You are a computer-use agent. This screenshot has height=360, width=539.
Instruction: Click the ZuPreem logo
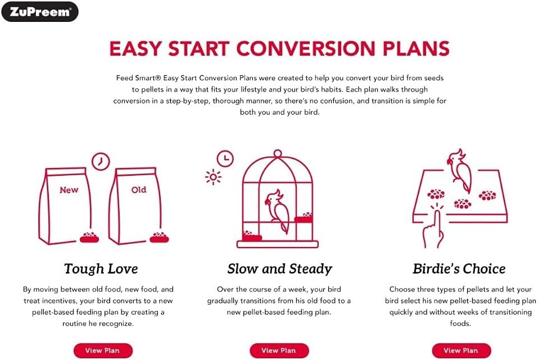click(40, 12)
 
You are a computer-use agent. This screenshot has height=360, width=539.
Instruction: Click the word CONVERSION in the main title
click(306, 48)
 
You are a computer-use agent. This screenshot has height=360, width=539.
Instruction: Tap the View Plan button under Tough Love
click(103, 350)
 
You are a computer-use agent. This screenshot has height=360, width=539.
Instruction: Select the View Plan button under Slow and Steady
click(279, 350)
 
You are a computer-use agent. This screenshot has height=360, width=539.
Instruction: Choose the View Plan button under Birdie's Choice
click(461, 350)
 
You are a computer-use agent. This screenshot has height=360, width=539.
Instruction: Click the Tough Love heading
click(101, 268)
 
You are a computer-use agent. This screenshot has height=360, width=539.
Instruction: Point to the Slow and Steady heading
click(280, 268)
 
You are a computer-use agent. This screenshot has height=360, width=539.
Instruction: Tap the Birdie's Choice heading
click(459, 268)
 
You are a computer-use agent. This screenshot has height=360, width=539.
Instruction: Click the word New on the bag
click(69, 190)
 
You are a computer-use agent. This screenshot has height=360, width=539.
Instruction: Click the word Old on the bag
click(139, 190)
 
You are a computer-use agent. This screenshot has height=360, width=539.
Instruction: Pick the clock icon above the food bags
click(101, 161)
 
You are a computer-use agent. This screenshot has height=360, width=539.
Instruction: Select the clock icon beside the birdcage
click(225, 159)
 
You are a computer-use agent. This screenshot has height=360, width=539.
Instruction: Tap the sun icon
click(213, 177)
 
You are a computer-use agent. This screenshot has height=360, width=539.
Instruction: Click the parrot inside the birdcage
click(277, 210)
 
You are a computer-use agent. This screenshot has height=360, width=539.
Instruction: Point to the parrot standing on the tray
click(460, 170)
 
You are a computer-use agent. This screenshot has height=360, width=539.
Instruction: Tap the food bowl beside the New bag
click(89, 238)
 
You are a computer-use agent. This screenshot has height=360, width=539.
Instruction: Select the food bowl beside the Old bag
click(159, 238)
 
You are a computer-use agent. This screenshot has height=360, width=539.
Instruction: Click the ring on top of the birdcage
click(278, 153)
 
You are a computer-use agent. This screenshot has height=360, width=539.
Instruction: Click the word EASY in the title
click(135, 48)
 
